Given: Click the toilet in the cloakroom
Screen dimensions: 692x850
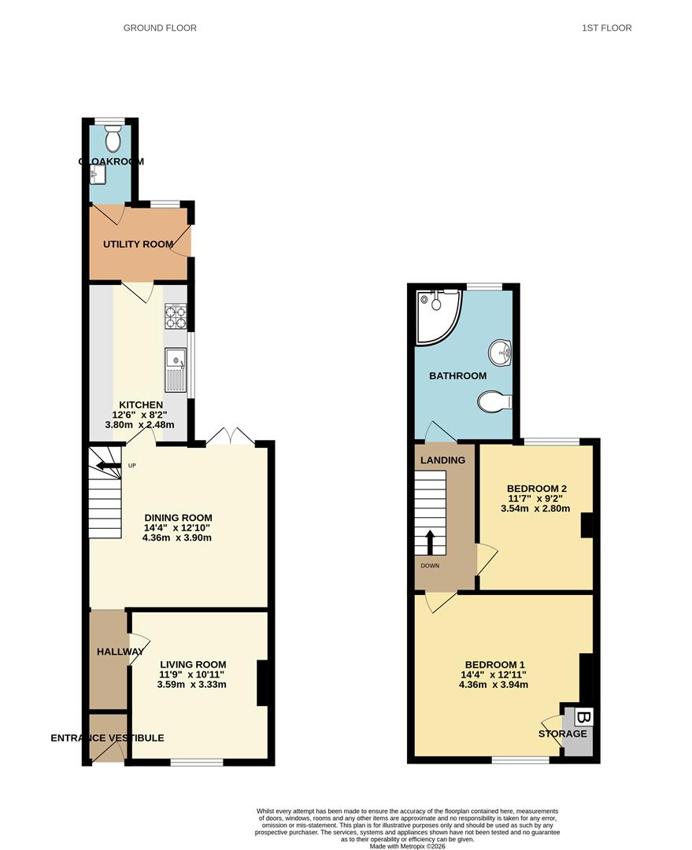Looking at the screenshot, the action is (113, 139).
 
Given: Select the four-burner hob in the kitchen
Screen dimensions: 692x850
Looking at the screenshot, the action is (176, 317).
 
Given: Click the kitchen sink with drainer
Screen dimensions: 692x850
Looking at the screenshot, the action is (176, 370).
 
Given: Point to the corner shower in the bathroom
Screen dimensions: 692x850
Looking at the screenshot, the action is (438, 317).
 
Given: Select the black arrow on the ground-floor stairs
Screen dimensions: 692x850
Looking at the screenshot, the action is (109, 465).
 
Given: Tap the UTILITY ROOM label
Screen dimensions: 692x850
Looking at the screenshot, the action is (139, 245).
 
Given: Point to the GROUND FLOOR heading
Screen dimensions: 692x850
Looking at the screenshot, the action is (160, 28).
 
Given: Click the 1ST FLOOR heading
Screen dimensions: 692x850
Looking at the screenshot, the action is (607, 28).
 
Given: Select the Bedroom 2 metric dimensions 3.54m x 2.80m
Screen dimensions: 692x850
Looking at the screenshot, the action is (535, 508).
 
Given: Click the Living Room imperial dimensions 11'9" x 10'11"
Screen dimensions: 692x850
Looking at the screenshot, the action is (191, 674).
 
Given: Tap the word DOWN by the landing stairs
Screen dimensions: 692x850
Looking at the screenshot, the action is (430, 566).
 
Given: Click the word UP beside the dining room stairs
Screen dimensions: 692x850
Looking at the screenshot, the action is (131, 466).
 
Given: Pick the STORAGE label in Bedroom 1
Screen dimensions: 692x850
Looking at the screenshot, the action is (562, 734).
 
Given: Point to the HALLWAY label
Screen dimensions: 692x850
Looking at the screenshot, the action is (120, 652).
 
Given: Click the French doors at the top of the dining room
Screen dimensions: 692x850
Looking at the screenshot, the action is (231, 437).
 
